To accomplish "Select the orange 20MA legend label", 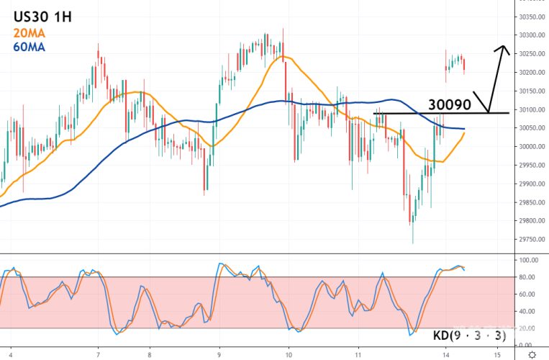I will tap(30, 32).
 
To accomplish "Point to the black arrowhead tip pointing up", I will tap(502, 47).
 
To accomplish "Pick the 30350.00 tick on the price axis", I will tap(531, 17).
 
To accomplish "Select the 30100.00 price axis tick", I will tap(531, 109).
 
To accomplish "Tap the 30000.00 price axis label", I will tap(531, 147).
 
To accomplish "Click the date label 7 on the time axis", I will tap(98, 354).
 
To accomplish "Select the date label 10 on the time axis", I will tap(288, 354).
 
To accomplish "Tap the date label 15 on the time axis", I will tap(497, 354).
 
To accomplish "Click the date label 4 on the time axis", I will tap(11, 354).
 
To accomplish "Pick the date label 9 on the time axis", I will tap(219, 354).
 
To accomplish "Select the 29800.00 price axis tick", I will tap(531, 221).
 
